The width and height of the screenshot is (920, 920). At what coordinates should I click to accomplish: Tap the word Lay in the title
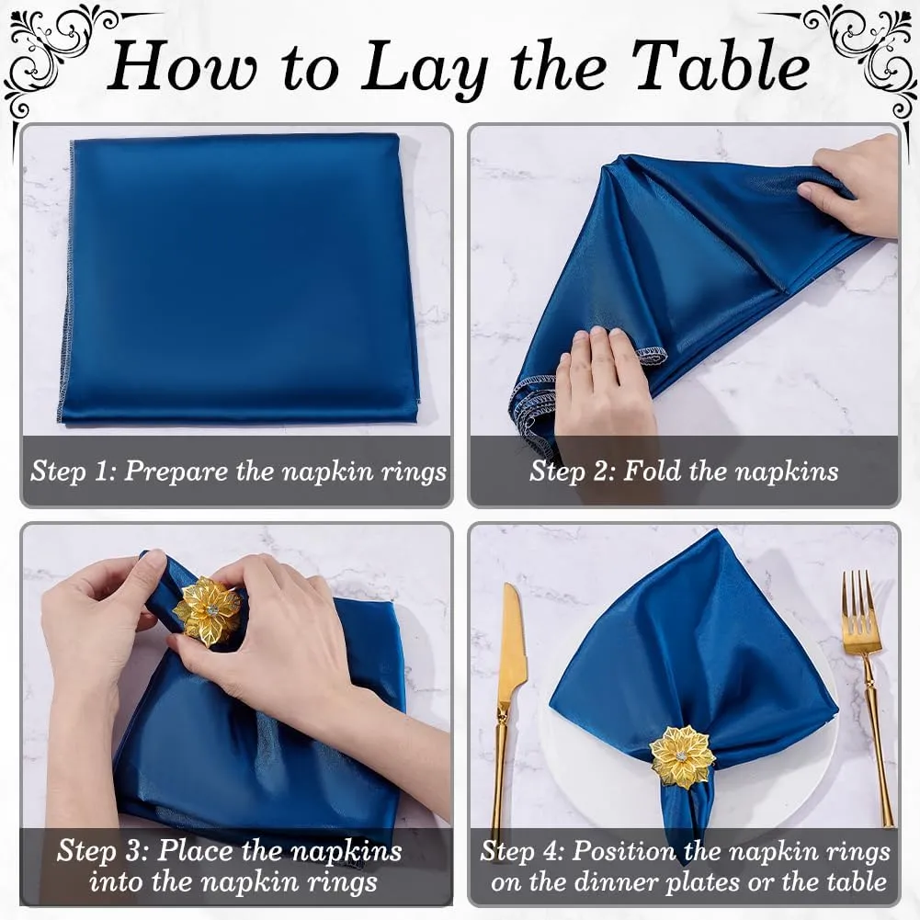[424, 69]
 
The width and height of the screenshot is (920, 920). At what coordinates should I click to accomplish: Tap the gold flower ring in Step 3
[207, 611]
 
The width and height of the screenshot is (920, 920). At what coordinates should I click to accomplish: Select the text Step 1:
[73, 471]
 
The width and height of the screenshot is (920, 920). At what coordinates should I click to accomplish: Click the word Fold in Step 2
[653, 471]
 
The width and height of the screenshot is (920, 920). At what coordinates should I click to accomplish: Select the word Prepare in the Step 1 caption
[176, 471]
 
